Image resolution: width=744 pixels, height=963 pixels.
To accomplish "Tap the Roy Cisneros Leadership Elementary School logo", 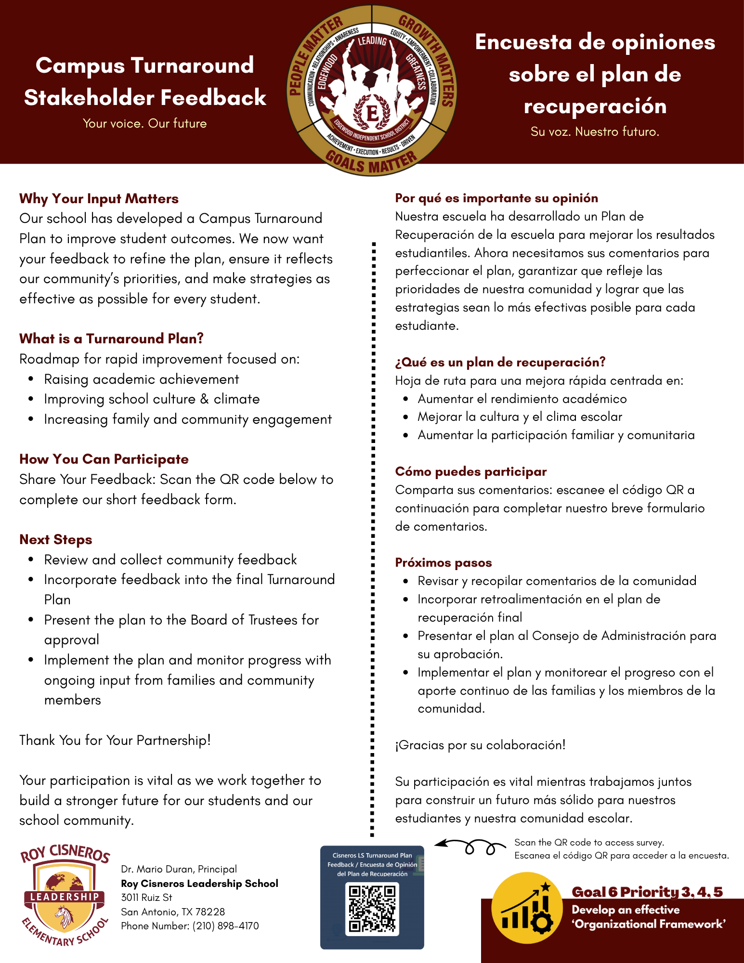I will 65,895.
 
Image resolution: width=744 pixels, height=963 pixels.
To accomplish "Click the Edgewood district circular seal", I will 372,91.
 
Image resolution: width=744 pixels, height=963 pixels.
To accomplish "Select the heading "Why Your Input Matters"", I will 99,198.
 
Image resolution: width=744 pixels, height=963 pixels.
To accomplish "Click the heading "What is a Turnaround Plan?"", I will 111,338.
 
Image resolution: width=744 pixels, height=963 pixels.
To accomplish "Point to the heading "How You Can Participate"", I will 104,459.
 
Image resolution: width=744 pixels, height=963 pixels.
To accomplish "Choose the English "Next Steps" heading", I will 55,539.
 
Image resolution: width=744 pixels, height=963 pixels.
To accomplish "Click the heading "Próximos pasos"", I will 443,562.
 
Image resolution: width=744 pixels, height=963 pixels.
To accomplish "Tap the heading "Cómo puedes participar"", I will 470,471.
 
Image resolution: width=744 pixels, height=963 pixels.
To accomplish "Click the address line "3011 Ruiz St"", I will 146,898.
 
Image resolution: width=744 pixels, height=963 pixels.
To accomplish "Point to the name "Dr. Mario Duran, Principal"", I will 179,869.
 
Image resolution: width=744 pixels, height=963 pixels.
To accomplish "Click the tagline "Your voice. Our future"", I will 144,123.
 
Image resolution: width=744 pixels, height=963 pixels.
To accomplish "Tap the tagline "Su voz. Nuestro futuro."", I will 595,131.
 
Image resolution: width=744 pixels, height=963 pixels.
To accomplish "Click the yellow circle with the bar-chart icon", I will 527,908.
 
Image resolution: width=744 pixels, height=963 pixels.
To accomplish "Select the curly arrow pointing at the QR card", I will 470,846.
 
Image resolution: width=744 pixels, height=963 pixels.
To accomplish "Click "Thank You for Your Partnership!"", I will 115,740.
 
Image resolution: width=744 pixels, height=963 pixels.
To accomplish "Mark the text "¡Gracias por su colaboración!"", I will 480,745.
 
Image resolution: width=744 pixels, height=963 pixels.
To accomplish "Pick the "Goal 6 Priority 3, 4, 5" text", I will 647,892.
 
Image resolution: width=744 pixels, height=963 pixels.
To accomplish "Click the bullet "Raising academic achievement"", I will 142,379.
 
